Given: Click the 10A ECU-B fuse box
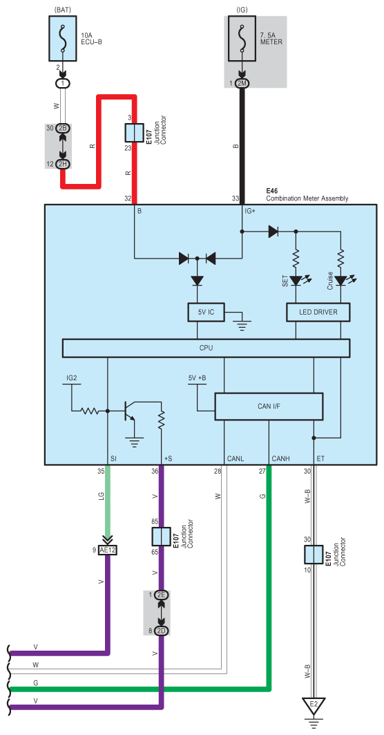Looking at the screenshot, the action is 64,39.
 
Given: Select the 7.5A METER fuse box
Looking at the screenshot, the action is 242,39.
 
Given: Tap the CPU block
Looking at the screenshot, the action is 206,348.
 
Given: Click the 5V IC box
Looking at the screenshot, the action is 206,313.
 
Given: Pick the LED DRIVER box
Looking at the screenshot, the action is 318,313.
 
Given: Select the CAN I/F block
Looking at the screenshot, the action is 269,406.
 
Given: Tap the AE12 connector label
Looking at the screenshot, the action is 108,550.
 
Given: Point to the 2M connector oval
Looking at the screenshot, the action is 242,83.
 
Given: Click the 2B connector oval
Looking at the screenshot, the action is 64,128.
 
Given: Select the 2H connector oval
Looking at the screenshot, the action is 64,164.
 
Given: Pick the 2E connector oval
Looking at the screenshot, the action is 162,595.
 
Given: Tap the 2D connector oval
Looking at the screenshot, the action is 162,631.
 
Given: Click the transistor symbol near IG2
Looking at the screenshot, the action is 128,411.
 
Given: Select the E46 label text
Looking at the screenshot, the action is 272,192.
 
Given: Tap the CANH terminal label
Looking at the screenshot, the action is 279,458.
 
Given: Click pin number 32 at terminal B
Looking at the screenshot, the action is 128,198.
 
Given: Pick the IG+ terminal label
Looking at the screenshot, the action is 249,211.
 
